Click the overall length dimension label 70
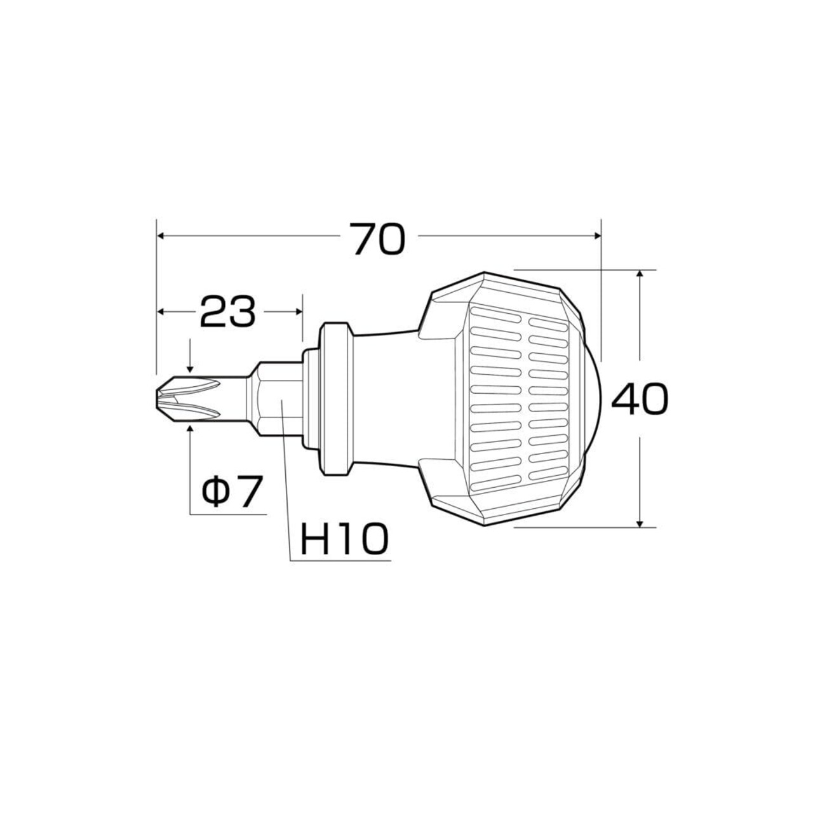point(379,239)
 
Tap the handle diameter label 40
point(640,399)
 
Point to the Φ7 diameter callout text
point(230,491)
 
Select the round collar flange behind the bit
point(335,399)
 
